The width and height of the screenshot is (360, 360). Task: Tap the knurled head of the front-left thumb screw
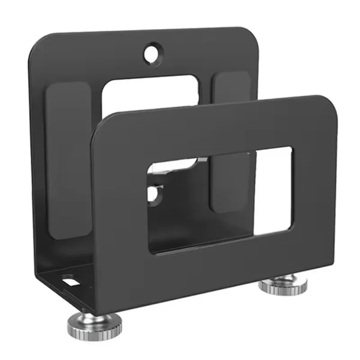coord(95,324)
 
